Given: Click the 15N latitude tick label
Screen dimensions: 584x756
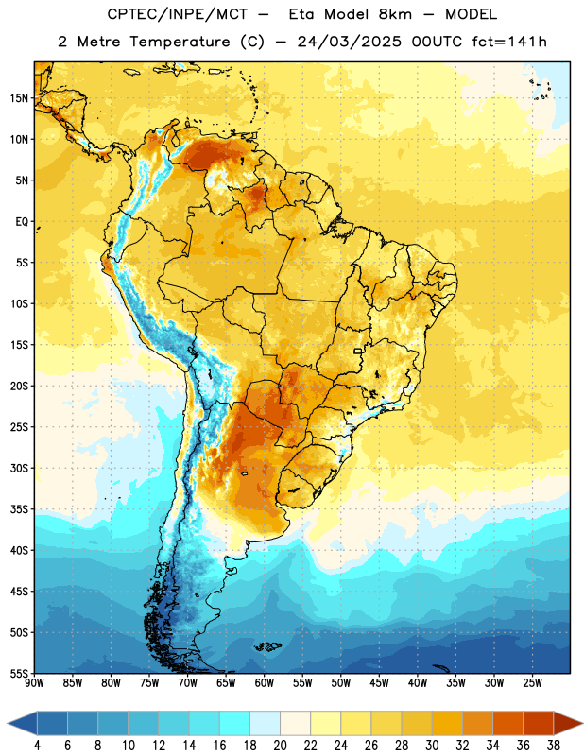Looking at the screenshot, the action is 19,98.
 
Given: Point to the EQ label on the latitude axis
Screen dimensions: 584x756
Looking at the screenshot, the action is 22,222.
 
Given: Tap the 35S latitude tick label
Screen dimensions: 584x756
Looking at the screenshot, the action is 19,509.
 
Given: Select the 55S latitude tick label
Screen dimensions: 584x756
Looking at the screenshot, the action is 19,673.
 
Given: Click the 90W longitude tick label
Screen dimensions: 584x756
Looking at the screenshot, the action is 34,683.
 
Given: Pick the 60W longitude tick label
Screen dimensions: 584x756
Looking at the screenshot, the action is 265,683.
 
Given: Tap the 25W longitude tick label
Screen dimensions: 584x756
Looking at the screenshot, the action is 532,683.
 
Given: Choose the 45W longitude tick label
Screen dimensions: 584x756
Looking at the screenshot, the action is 380,683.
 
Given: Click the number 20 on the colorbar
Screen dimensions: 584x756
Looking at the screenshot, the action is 280,746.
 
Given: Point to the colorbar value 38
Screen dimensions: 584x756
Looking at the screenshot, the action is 553,746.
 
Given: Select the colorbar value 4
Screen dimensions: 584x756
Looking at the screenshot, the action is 37,746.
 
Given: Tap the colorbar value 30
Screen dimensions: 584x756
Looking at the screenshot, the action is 432,746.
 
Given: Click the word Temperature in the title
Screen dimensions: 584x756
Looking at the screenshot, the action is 180,42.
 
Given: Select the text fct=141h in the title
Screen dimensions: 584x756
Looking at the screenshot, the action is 509,42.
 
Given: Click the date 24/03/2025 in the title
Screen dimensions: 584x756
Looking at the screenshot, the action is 349,42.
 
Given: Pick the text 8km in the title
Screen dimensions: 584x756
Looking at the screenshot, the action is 395,14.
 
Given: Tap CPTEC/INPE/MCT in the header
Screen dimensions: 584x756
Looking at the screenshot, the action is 178,14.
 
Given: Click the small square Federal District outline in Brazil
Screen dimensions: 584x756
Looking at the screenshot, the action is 358,351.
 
